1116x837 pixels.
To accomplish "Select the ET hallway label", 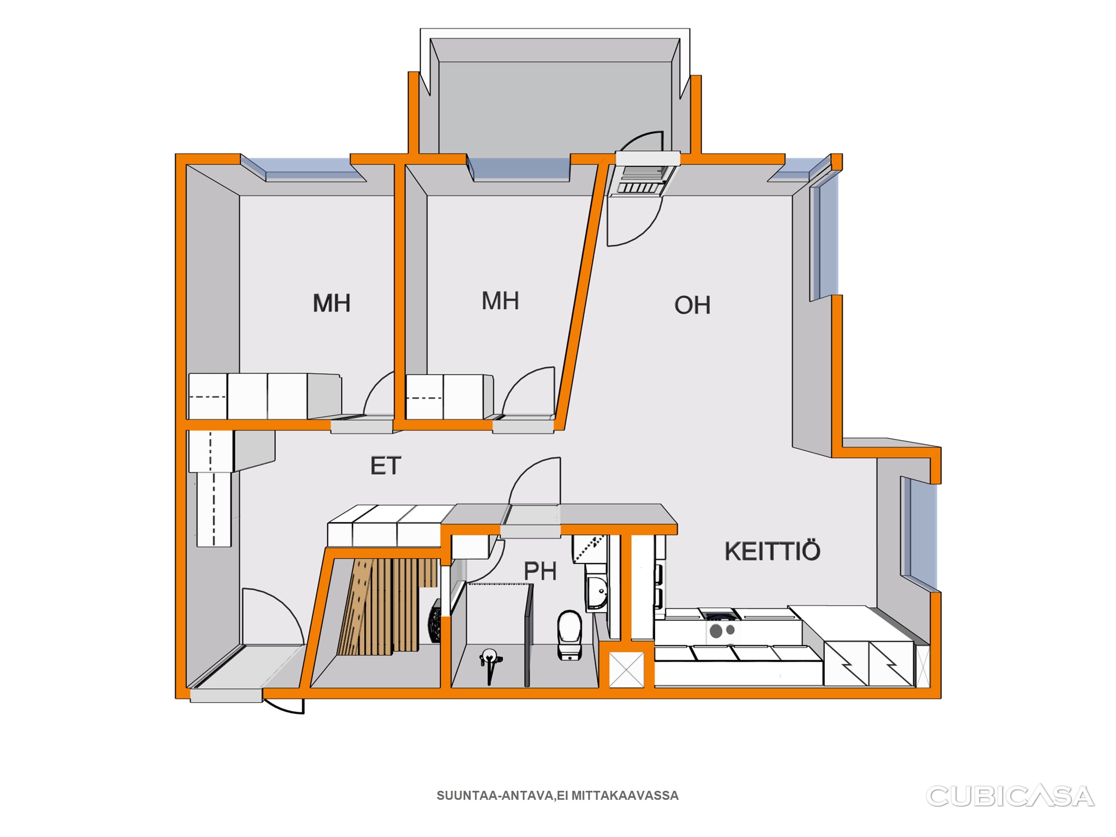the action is coord(386,465).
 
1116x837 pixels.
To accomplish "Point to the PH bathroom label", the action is coord(540,571).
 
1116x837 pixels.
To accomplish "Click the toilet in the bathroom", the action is coord(569,634).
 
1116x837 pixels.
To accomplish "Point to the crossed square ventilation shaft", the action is coord(627,669).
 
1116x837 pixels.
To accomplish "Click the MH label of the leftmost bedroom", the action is coord(332,303).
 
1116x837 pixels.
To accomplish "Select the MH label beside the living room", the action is coord(500,301).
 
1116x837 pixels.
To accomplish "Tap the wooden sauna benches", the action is coord(386,605).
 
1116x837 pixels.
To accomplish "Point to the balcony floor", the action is coord(555,106).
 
